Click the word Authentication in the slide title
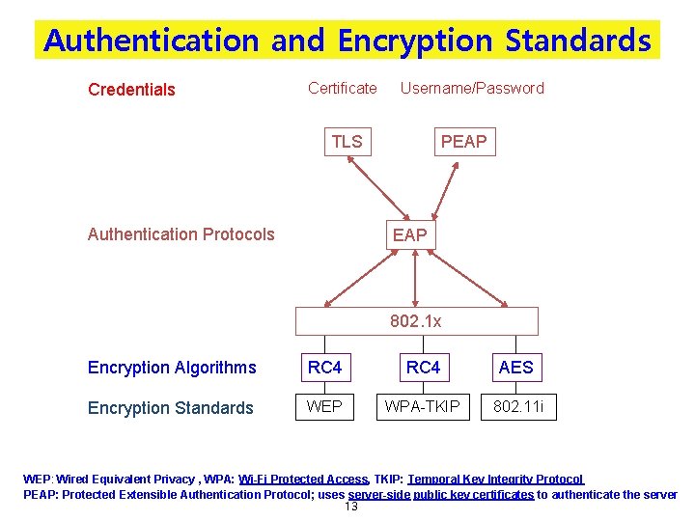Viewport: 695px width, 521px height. coord(151,41)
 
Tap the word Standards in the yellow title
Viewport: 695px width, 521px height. coord(578,41)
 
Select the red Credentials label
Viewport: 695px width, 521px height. coord(131,90)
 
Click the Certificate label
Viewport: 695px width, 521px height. coord(343,88)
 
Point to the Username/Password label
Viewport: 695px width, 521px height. coord(472,88)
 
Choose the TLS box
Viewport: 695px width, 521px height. coord(347,142)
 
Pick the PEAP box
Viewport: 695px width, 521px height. coord(463,142)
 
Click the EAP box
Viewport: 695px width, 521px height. coord(409,234)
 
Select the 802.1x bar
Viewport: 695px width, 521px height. coord(416,321)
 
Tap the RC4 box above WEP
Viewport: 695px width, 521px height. coord(324,367)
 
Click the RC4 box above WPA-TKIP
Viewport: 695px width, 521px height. coord(423,367)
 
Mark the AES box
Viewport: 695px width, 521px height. coord(515,367)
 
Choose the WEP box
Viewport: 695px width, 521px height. coord(324,406)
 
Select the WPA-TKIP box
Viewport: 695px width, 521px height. coord(423,406)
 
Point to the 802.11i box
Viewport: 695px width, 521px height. coord(518,406)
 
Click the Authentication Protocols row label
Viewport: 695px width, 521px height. coord(181,233)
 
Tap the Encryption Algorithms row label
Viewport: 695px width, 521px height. coord(172,367)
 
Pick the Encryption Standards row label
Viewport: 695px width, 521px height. coord(170,407)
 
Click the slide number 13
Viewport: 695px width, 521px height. coord(351,507)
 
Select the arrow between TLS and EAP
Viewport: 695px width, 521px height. coord(372,188)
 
